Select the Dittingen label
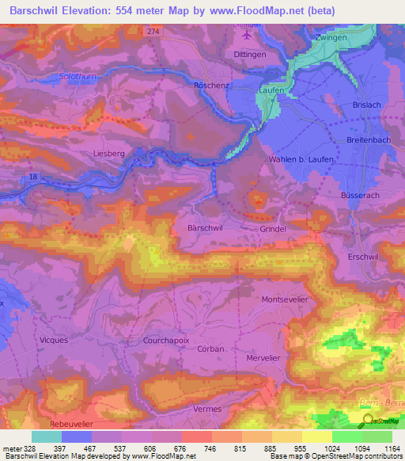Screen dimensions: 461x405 tap(251, 54)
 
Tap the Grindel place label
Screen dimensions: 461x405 tap(273, 228)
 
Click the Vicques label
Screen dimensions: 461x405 tap(53, 339)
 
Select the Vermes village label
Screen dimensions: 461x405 tap(207, 409)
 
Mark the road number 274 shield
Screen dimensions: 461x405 tap(153, 30)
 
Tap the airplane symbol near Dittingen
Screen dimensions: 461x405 tap(251, 35)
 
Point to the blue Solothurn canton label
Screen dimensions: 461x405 tap(78, 77)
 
